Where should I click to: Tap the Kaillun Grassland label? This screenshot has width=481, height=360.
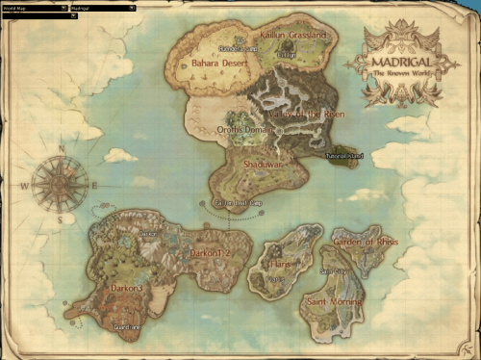point(292,36)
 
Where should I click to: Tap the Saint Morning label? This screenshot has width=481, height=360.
point(334,301)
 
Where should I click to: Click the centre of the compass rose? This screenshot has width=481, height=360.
point(60,184)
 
